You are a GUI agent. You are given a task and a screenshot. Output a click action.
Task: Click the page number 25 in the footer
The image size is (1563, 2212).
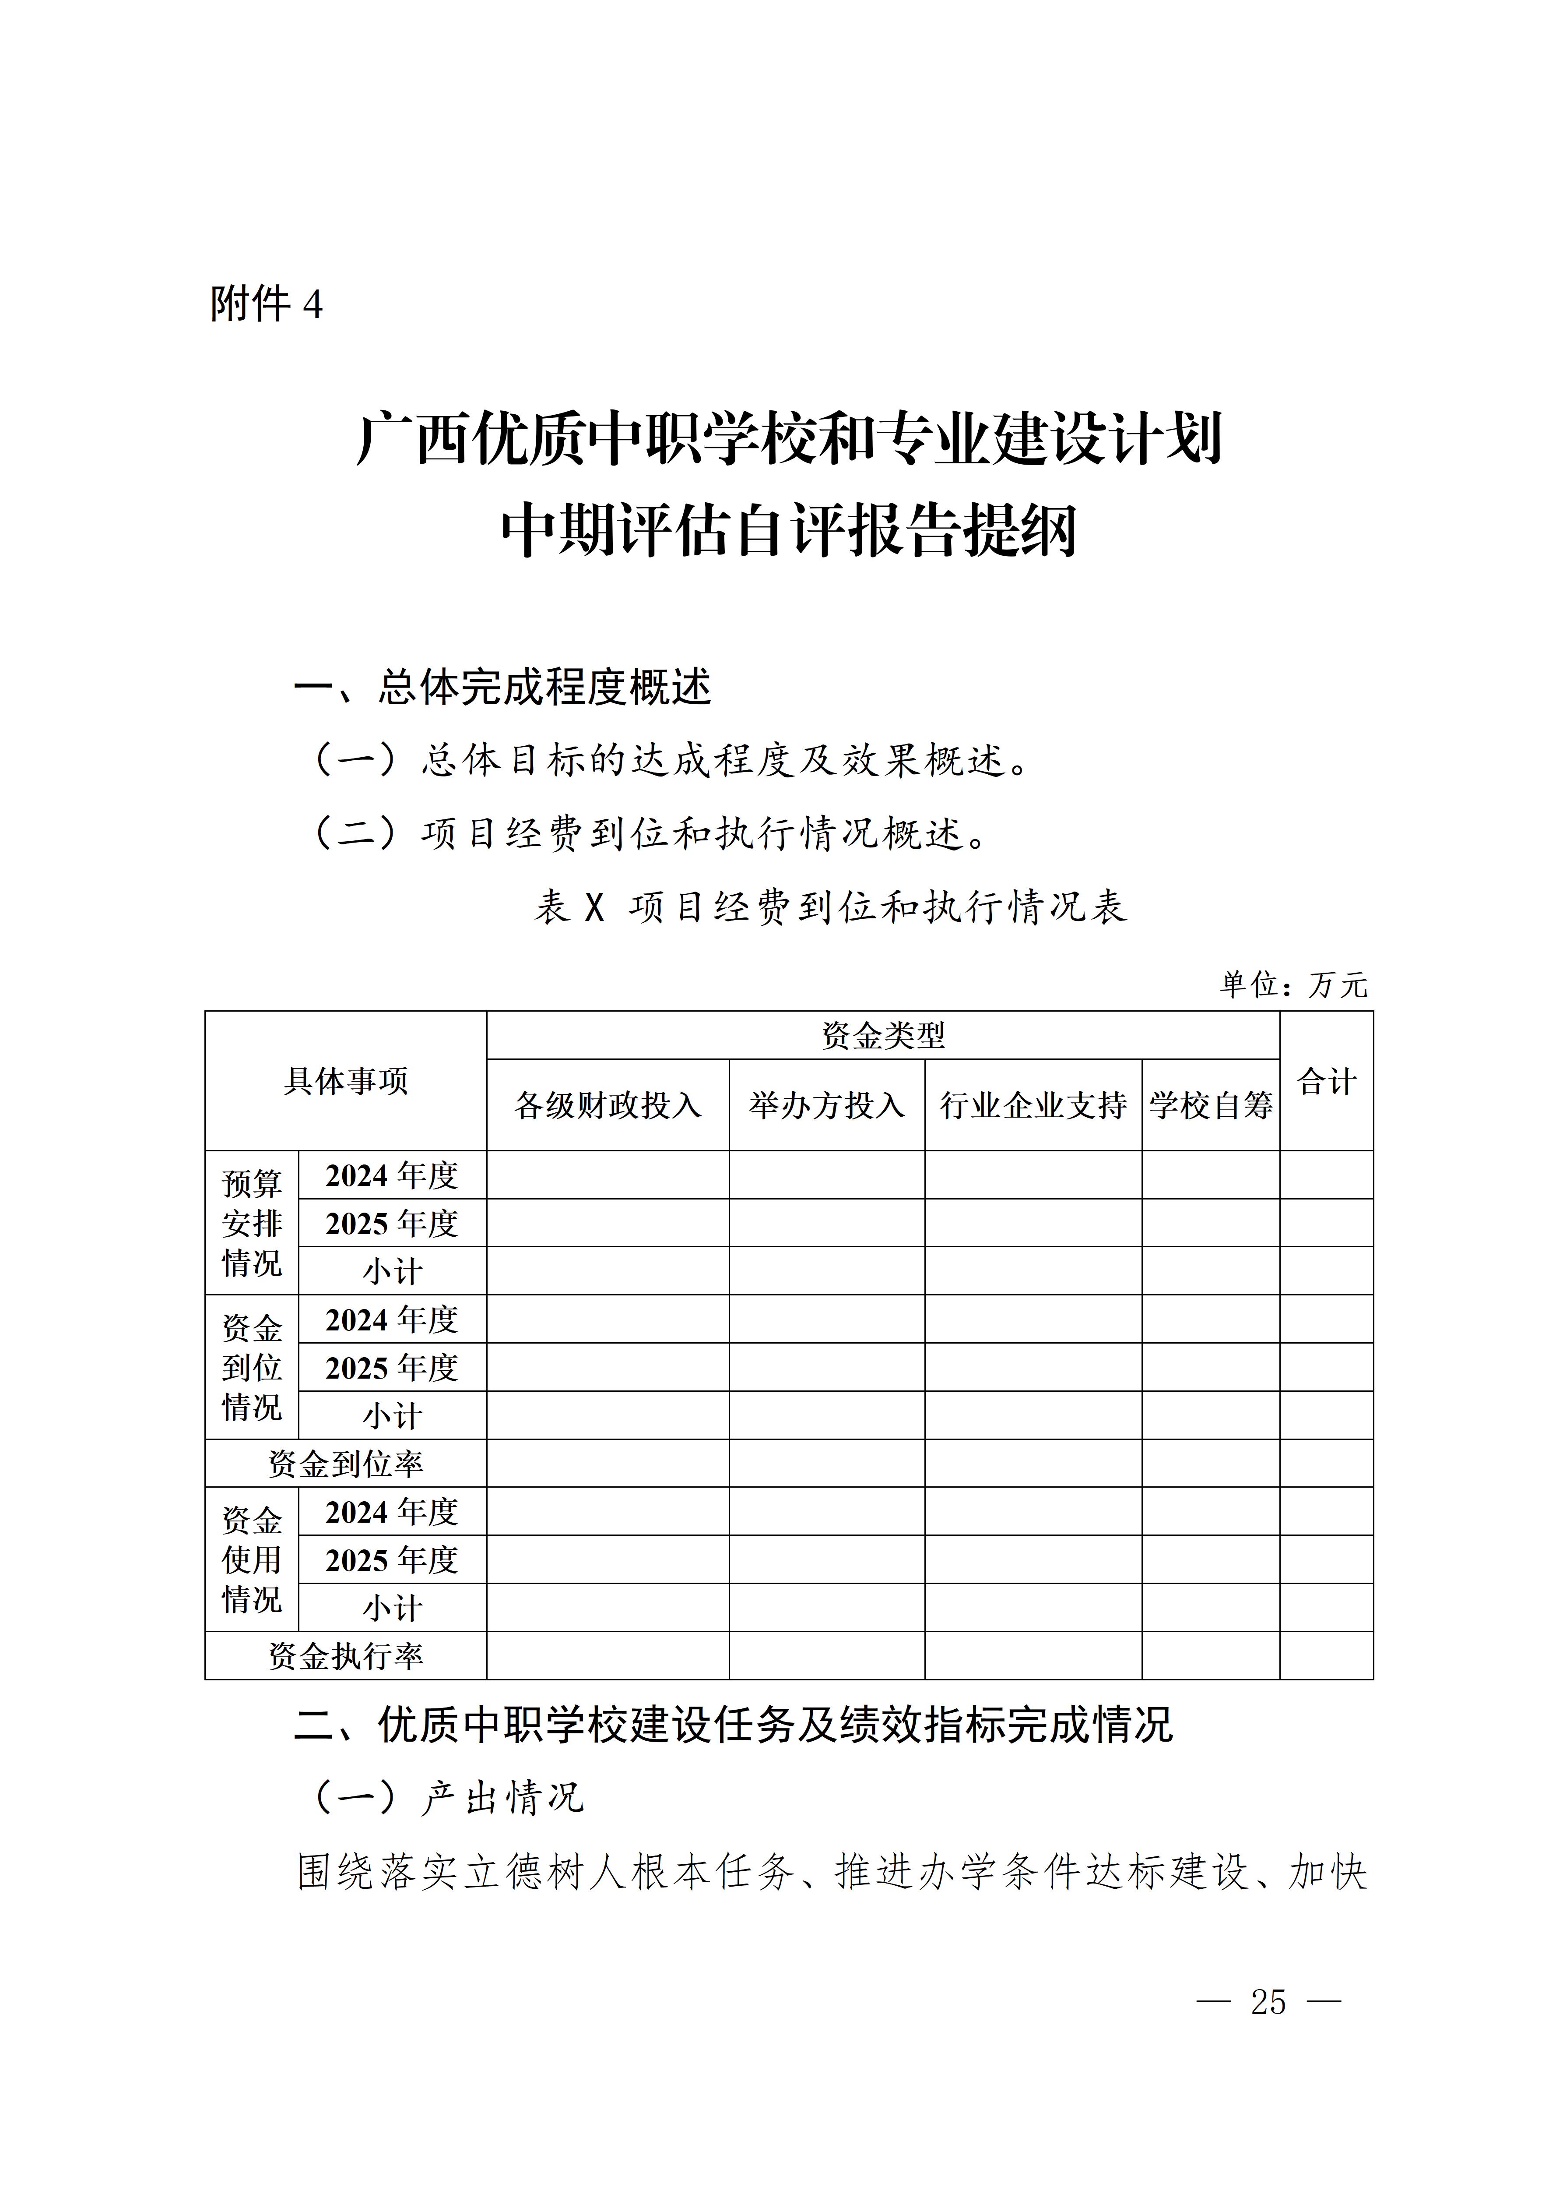(1268, 2002)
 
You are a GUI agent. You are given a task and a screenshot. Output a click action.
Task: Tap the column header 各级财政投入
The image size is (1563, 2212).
(608, 1105)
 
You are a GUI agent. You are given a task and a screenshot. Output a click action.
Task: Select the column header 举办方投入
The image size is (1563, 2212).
(826, 1105)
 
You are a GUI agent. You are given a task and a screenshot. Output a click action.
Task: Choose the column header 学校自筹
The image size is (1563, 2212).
(1211, 1105)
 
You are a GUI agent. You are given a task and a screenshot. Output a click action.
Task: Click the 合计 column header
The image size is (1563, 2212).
(1326, 1081)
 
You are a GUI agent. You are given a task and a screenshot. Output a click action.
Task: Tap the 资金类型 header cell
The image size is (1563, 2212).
(883, 1036)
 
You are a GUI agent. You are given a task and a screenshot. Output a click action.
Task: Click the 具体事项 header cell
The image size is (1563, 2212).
(346, 1081)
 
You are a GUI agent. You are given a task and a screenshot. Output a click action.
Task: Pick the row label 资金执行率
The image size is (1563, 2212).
(346, 1656)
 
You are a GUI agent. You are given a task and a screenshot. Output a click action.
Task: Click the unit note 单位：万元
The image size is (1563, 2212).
(1293, 984)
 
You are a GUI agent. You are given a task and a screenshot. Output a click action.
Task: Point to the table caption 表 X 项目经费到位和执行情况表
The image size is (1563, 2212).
(830, 907)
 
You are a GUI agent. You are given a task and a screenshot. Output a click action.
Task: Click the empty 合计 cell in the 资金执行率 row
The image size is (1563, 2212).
(1326, 1656)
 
